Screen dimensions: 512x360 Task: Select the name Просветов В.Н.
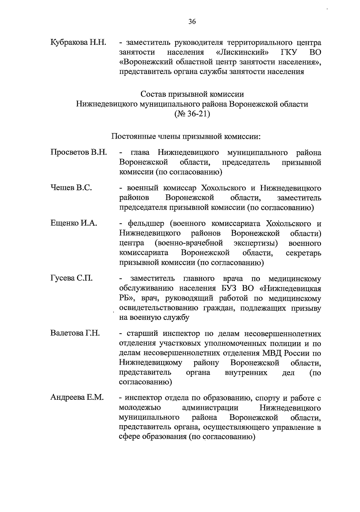point(79,152)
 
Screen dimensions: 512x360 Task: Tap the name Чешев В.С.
point(71,188)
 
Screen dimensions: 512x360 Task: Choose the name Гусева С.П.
point(71,278)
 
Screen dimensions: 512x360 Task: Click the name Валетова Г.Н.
point(75,333)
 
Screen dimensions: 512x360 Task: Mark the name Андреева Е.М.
point(77,398)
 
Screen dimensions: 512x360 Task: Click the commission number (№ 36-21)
point(192,114)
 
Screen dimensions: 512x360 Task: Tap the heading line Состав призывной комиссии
point(192,94)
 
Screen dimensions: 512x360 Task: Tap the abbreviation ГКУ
point(289,52)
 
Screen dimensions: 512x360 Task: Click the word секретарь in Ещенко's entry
point(303,253)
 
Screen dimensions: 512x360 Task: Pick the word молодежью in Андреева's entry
point(140,408)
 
